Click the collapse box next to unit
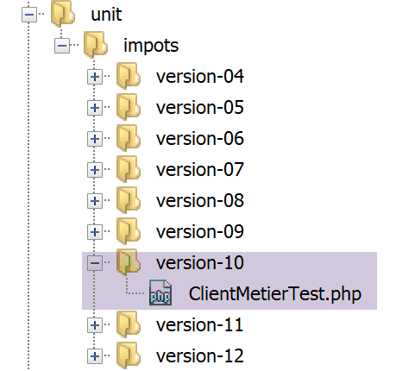29,15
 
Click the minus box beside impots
62,46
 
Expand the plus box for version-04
95,77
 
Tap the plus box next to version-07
95,170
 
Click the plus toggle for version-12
95,356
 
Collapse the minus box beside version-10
95,263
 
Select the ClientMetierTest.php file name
275,294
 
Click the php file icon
160,292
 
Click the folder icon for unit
63,13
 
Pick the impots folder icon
96,45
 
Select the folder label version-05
200,108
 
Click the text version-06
200,139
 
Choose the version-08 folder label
200,201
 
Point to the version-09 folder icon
129,231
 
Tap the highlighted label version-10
200,263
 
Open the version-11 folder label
199,325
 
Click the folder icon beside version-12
129,355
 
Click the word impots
151,46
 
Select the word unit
106,15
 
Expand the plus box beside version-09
95,232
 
